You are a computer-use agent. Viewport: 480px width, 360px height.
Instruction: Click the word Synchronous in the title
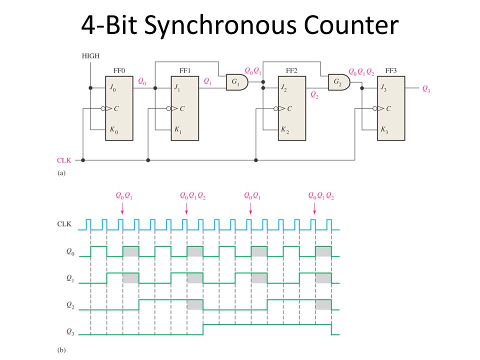[x=220, y=25]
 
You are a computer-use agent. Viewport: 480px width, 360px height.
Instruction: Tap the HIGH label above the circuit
[x=90, y=56]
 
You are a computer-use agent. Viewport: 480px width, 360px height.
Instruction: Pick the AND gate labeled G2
[x=339, y=82]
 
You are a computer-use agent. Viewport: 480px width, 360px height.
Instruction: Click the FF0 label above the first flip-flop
[x=119, y=70]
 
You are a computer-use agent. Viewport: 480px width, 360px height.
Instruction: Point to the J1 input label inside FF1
[x=177, y=88]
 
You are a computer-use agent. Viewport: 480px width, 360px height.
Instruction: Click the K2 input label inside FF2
[x=285, y=130]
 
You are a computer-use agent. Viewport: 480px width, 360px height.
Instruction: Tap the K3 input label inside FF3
[x=384, y=130]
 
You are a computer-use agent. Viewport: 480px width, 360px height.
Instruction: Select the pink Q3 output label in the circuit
[x=426, y=89]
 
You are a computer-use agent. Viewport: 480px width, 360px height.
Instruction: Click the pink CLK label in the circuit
[x=64, y=160]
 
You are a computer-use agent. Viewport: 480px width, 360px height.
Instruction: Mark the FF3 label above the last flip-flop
[x=391, y=70]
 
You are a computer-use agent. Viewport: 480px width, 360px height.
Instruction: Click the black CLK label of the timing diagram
[x=64, y=224]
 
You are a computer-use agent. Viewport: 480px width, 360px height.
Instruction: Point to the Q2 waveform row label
[x=70, y=305]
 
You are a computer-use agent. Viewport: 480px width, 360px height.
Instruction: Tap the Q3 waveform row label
[x=70, y=332]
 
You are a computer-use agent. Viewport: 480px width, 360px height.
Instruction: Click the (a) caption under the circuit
[x=61, y=173]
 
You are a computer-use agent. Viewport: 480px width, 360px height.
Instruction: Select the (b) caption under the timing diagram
[x=61, y=350]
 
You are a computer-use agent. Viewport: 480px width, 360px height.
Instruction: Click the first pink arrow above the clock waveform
[x=122, y=208]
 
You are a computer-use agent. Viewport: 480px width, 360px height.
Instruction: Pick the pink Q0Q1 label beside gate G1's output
[x=253, y=71]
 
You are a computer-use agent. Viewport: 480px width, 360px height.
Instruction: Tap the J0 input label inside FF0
[x=112, y=88]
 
